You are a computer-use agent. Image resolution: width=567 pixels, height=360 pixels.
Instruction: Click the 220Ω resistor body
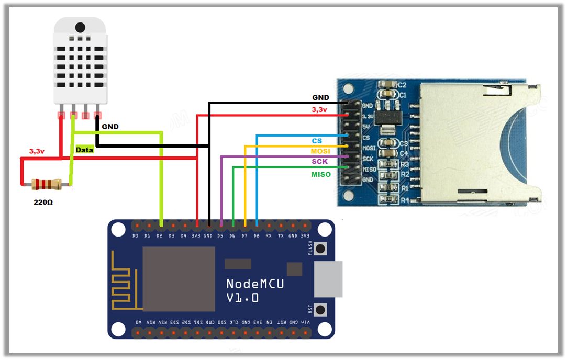pyautogui.click(x=46, y=184)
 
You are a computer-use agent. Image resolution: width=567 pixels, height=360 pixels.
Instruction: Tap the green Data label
pyautogui.click(x=84, y=150)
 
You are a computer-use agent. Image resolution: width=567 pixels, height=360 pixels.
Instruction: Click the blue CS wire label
pyautogui.click(x=317, y=141)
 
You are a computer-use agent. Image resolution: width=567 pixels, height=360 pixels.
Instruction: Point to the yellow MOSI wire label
pyautogui.click(x=320, y=151)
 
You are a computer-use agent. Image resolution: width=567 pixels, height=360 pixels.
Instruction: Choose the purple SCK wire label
pyautogui.click(x=319, y=162)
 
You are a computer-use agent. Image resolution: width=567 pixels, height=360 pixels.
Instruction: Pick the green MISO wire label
pyautogui.click(x=321, y=174)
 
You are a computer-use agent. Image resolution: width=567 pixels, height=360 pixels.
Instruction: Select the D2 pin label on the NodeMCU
pyautogui.click(x=160, y=235)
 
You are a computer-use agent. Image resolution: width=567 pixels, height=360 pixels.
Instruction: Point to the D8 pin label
pyautogui.click(x=257, y=235)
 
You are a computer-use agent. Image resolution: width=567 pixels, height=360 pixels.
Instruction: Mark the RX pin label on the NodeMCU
pyautogui.click(x=269, y=235)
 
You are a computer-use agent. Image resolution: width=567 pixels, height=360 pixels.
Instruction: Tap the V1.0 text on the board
pyautogui.click(x=242, y=298)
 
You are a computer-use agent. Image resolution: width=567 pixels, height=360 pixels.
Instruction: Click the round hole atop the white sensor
pyautogui.click(x=80, y=27)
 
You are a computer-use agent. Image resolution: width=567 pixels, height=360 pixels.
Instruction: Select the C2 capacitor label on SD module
pyautogui.click(x=403, y=85)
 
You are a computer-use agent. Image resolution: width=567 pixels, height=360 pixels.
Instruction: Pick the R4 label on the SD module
pyautogui.click(x=404, y=200)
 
